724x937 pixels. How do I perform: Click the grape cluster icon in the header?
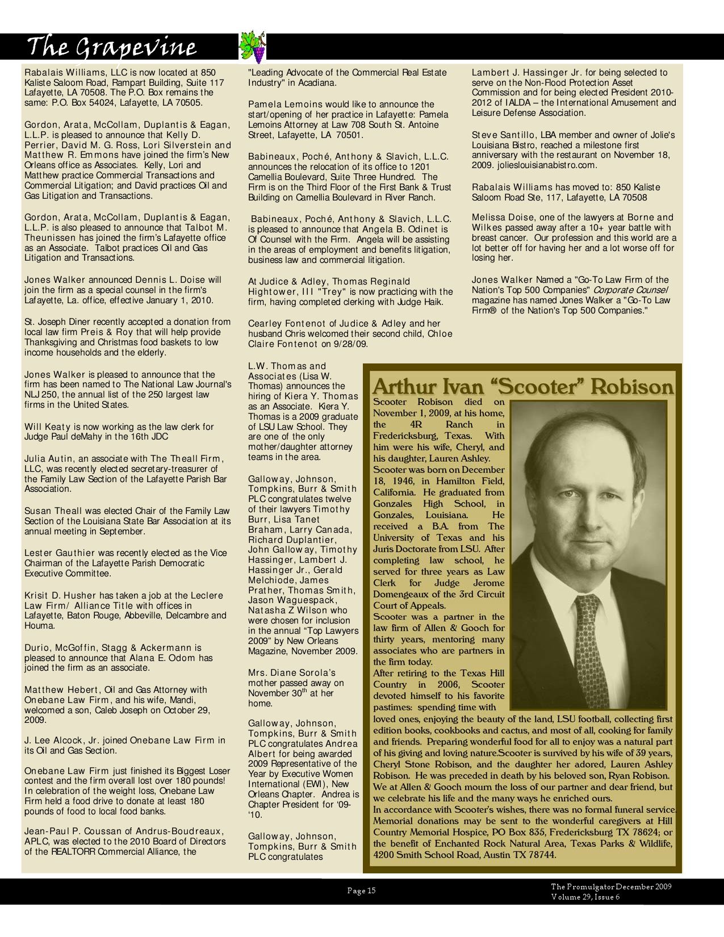(x=253, y=47)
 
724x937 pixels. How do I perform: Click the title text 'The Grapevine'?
(x=112, y=47)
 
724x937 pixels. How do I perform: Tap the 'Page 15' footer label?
(x=362, y=890)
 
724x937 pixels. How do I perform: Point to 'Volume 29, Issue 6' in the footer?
(x=585, y=897)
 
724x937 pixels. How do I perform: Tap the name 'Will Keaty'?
(x=47, y=426)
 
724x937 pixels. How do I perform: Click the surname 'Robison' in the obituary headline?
(x=631, y=387)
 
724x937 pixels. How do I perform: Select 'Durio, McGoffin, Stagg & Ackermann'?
(x=112, y=647)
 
